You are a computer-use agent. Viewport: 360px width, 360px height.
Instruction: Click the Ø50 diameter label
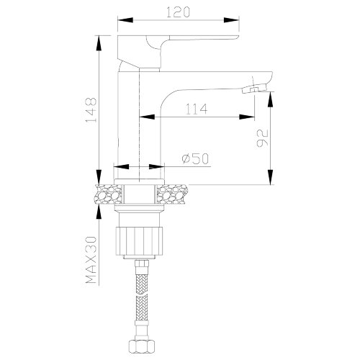pos(193,159)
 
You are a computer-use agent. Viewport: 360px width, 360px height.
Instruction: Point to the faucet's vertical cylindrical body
pos(137,122)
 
